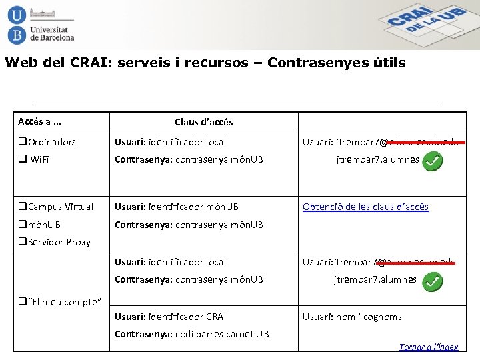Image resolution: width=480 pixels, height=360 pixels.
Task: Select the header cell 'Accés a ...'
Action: coord(39,121)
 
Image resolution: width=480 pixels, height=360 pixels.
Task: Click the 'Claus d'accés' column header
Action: coord(203,122)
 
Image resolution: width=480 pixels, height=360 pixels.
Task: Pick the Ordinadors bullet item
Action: coord(47,142)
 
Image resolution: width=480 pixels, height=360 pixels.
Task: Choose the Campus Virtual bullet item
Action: coord(56,207)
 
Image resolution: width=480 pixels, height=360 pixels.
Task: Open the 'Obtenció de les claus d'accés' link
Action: coord(365,207)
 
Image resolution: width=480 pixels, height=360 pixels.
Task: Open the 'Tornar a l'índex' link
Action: coord(428,347)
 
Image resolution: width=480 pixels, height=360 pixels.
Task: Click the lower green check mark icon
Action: coord(432,282)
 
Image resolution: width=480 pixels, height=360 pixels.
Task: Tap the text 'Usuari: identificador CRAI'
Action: coord(171,317)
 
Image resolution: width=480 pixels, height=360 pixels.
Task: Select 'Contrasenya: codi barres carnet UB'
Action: coord(192,334)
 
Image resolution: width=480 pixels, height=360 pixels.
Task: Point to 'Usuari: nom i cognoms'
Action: coord(352,317)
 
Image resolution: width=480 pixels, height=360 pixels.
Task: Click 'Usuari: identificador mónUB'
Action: coord(177,207)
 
